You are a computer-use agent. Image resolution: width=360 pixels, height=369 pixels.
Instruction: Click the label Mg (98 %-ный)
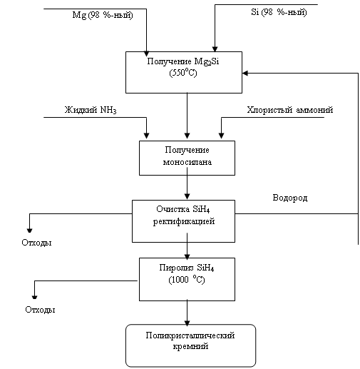[x=103, y=15]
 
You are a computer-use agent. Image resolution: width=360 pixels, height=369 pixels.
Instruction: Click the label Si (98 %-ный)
[x=279, y=12]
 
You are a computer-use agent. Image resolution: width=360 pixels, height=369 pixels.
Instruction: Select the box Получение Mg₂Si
[x=184, y=72]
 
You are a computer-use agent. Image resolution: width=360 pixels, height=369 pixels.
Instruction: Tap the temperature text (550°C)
[x=183, y=73]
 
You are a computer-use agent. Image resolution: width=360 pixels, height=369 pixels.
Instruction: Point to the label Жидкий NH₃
[x=91, y=110]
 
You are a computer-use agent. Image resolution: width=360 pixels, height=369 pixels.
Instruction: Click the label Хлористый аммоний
[x=290, y=110]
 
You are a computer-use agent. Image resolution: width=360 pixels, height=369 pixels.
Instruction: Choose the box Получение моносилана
[x=187, y=158]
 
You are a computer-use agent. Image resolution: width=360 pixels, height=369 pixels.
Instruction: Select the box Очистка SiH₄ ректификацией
[x=183, y=221]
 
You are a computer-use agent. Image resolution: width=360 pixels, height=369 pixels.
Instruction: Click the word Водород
[x=290, y=198]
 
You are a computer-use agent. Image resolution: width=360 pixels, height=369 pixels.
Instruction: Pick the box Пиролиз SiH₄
[x=187, y=279]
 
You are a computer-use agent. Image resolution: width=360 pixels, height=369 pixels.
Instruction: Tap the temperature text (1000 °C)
[x=187, y=280]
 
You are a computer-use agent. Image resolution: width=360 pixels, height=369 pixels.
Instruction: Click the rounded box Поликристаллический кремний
[x=190, y=345]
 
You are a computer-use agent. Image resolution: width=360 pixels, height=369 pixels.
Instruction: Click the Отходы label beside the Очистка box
[x=36, y=243]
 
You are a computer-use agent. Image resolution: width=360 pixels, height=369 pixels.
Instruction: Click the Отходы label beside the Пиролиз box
[x=40, y=310]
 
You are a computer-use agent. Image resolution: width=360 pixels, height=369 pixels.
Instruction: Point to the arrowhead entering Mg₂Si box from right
[x=245, y=73]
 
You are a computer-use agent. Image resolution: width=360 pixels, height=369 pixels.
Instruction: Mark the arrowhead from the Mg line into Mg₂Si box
[x=146, y=54]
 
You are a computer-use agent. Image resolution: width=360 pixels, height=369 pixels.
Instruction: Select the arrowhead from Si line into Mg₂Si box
[x=215, y=49]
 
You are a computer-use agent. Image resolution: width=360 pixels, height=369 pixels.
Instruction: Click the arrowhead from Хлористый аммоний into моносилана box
[x=221, y=136]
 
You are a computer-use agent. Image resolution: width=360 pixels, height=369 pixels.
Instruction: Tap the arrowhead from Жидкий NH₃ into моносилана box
[x=146, y=136]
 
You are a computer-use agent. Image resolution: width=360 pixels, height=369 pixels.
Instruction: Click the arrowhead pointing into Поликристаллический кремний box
[x=187, y=323]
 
